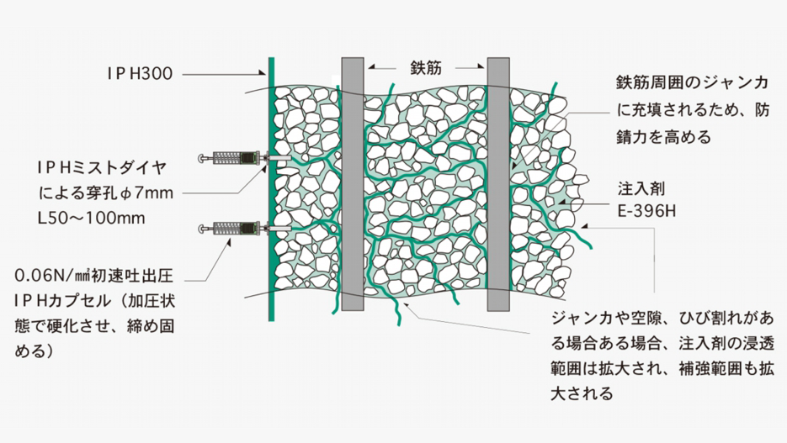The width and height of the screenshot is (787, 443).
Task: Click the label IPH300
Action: (x=140, y=74)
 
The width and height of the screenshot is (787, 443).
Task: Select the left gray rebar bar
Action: (x=352, y=186)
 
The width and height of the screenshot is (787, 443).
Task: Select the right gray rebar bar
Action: (x=498, y=186)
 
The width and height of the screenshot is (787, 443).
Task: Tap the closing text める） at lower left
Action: (x=36, y=350)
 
